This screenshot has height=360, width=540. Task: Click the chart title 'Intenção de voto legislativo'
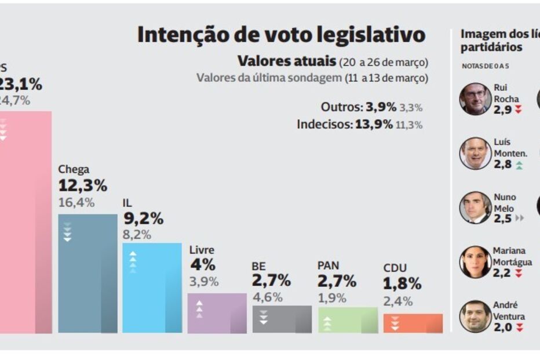(x=281, y=35)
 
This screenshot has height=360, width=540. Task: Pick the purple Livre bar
(x=217, y=312)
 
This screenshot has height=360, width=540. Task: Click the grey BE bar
(x=282, y=319)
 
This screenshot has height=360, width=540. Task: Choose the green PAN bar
(x=348, y=320)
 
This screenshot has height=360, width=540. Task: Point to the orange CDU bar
(x=413, y=323)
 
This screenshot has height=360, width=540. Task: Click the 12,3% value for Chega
(x=83, y=186)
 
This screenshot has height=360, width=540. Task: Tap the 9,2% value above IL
(x=144, y=219)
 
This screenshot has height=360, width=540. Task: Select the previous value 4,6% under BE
(x=267, y=297)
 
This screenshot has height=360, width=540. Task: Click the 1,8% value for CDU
(x=402, y=284)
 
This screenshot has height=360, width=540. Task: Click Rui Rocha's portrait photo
(x=475, y=99)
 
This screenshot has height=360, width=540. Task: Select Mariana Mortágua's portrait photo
(x=475, y=262)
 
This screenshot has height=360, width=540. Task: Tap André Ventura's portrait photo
(x=475, y=316)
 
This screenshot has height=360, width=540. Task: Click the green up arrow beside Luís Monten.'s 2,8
(x=519, y=165)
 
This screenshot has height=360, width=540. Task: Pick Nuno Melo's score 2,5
(x=502, y=219)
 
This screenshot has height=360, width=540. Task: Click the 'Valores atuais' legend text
(x=287, y=61)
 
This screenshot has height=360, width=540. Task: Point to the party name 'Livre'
(x=202, y=250)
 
